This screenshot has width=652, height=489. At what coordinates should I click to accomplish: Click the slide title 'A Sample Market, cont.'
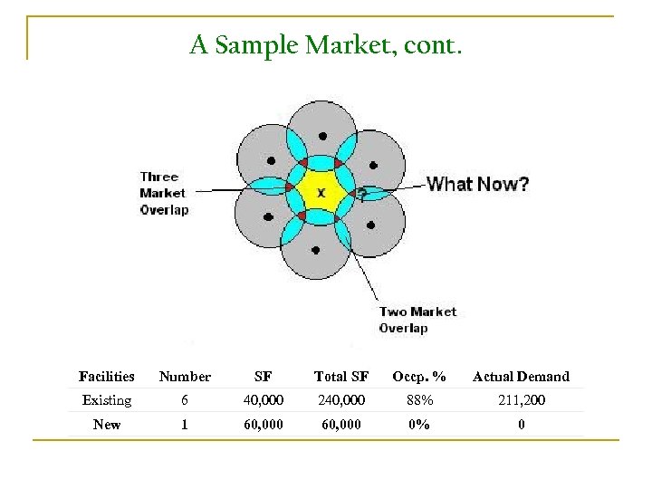tap(326, 44)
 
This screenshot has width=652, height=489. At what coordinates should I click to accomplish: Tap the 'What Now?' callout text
tap(477, 185)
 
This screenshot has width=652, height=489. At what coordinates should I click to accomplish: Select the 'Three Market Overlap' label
tap(163, 193)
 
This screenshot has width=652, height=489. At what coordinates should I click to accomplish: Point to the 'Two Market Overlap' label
tap(417, 320)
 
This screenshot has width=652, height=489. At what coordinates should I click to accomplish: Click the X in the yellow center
tap(321, 192)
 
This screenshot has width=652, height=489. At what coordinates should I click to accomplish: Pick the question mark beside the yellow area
tap(361, 194)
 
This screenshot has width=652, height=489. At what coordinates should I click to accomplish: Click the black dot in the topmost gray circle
tap(322, 136)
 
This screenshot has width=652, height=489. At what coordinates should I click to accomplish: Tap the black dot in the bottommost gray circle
tap(314, 249)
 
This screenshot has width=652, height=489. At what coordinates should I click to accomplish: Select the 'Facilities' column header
tap(107, 377)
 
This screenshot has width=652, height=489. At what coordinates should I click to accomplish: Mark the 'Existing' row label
tap(107, 400)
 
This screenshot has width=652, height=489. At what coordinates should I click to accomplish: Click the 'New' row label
tap(107, 424)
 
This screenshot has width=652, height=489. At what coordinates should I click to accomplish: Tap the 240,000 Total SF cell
tap(341, 400)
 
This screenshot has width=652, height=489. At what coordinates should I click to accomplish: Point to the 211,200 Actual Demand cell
tap(523, 400)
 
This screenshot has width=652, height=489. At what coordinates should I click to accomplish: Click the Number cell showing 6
tap(185, 400)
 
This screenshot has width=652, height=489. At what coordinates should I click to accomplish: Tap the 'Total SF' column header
tap(341, 377)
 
